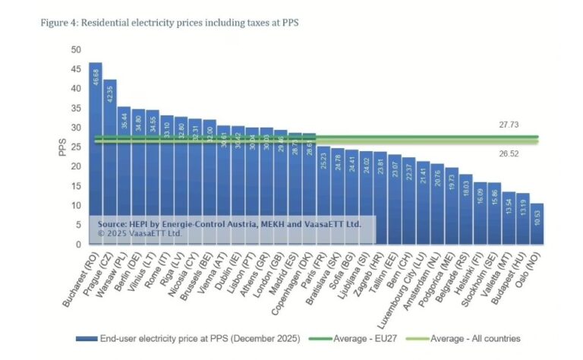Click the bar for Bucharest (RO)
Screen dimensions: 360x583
[x=96, y=152]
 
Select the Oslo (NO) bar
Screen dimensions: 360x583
[x=537, y=224]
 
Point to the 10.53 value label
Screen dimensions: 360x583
[x=537, y=217]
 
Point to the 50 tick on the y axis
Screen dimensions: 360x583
[x=75, y=49]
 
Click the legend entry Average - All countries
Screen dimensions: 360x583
[x=476, y=338]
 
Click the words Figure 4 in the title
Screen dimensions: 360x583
[x=58, y=22]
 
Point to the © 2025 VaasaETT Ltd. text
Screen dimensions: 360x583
[x=140, y=233]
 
